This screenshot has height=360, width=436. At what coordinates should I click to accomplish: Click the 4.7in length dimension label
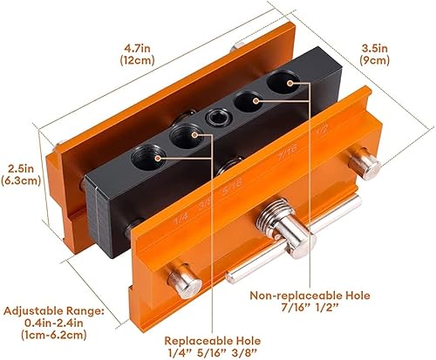[137, 48]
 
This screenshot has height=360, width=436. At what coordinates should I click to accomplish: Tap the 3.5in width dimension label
[375, 48]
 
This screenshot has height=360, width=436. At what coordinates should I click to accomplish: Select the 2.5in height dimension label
[21, 168]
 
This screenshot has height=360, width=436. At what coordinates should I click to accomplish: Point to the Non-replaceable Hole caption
[310, 295]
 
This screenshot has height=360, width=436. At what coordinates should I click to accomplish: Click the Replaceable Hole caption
[213, 341]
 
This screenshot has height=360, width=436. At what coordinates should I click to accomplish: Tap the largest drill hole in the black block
[283, 81]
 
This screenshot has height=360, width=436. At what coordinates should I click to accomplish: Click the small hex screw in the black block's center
[218, 118]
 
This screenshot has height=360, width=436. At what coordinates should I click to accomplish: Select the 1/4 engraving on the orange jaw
[181, 219]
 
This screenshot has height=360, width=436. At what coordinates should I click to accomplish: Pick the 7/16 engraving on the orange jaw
[287, 153]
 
